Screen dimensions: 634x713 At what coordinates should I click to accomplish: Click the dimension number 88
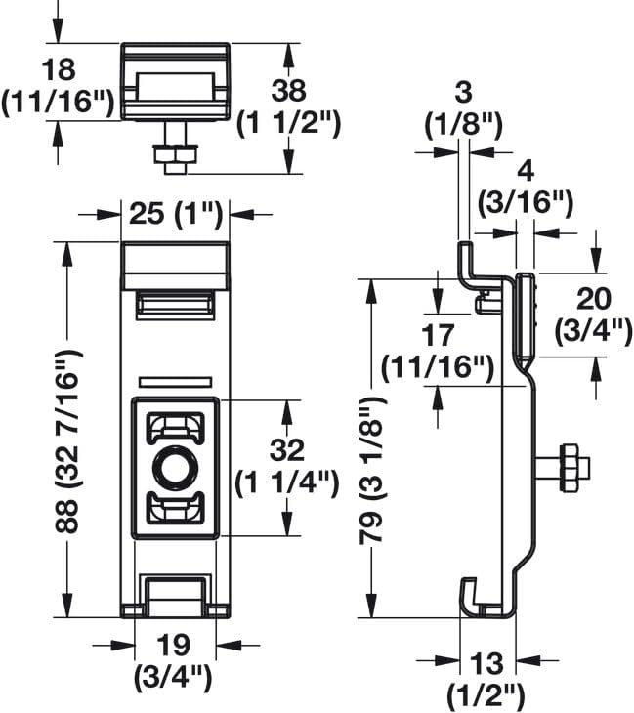[66, 516]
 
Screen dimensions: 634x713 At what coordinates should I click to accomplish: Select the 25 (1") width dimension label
[176, 214]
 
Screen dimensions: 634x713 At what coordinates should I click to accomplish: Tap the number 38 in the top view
[289, 91]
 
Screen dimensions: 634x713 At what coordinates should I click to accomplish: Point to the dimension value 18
[58, 70]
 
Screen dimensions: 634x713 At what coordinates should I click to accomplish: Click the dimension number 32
[287, 449]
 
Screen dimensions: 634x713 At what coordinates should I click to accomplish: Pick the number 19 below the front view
[173, 645]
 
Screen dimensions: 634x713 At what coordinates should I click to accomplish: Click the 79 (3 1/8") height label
[371, 471]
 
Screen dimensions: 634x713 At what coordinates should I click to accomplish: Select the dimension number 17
[438, 336]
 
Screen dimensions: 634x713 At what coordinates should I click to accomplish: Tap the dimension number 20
[594, 299]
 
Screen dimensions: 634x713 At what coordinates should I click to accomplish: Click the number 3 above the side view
[463, 93]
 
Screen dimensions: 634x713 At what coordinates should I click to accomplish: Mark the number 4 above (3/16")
[526, 172]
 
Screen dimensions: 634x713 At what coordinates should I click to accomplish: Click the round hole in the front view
[175, 468]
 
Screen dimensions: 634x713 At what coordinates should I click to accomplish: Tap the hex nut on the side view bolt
[573, 468]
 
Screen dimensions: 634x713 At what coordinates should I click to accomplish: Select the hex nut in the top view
[175, 155]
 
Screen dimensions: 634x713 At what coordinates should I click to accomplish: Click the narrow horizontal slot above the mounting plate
[175, 382]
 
